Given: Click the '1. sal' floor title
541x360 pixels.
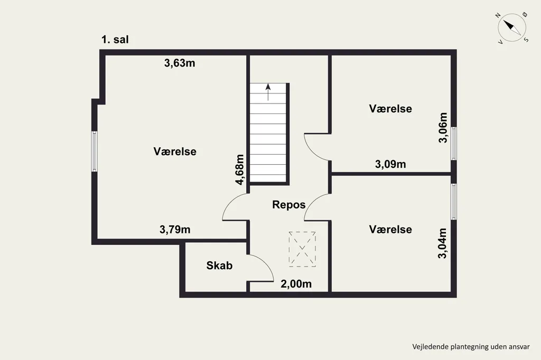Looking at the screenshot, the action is tap(115, 40).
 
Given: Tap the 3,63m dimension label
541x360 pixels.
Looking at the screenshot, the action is tap(180, 63).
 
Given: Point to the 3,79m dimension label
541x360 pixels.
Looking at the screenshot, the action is tap(175, 229).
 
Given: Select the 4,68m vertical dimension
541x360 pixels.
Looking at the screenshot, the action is tap(240, 169).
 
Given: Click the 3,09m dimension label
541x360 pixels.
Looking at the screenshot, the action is tap(390, 164).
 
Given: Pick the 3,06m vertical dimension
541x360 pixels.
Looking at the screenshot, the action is tap(443, 128).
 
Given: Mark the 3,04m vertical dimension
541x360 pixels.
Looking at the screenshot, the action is tap(442, 243).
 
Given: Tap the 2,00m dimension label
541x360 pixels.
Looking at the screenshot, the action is tap(296, 284).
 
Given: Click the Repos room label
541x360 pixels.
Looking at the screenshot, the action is tap(289, 204).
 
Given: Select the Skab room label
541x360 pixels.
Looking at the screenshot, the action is tap(219, 266).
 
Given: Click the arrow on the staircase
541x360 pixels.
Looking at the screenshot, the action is tap(268, 92).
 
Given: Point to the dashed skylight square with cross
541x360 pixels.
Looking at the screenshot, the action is tap(302, 249).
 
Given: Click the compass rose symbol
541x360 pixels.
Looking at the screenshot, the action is tap(512, 28).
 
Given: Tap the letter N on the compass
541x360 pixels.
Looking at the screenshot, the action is tap(498, 15).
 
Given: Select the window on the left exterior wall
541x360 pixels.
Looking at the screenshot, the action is tap(94, 151).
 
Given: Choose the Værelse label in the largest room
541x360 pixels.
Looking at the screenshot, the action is tap(175, 151).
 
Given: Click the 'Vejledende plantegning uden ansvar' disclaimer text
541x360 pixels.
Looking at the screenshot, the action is tap(471, 347).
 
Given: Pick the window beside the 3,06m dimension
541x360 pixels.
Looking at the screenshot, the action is tap(454, 144).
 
